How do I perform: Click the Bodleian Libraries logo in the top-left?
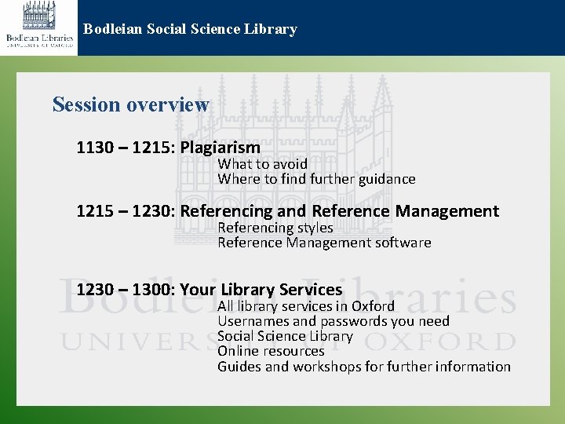(x=39, y=27)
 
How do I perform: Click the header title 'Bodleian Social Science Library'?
(x=190, y=30)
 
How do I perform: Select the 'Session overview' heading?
(x=130, y=104)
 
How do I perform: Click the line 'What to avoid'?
(x=262, y=164)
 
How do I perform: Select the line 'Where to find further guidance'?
(x=316, y=179)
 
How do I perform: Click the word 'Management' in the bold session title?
(x=447, y=211)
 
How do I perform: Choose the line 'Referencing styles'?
(x=275, y=228)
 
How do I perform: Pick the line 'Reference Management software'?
(x=324, y=243)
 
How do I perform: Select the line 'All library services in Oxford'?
(x=305, y=306)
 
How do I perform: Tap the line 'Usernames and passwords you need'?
(x=333, y=321)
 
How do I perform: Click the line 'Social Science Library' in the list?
(x=285, y=336)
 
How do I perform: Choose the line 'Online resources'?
(x=270, y=351)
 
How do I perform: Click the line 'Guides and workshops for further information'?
(x=363, y=367)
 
